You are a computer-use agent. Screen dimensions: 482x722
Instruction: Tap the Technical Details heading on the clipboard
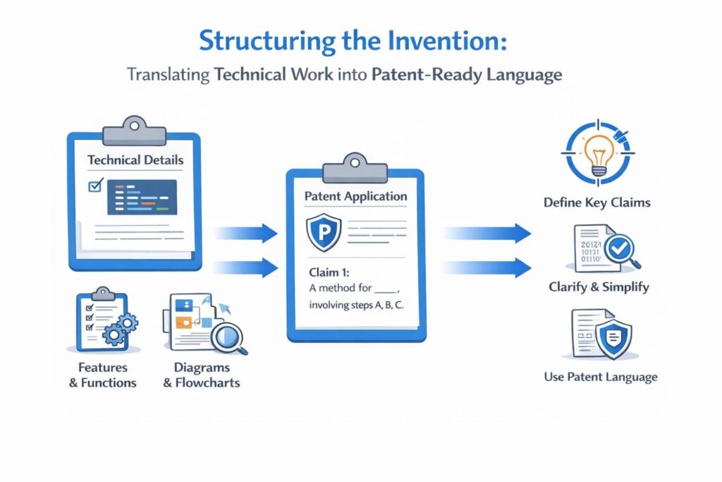point(135,160)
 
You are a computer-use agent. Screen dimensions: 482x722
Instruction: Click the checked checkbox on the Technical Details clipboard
point(94,186)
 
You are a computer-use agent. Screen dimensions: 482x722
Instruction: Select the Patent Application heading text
point(355,196)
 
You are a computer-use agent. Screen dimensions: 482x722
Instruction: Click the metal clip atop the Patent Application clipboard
point(355,169)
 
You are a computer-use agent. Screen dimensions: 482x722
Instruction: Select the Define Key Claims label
point(596,203)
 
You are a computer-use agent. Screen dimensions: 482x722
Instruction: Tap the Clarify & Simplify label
point(599,287)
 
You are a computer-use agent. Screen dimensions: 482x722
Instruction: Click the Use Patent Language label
point(601,377)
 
